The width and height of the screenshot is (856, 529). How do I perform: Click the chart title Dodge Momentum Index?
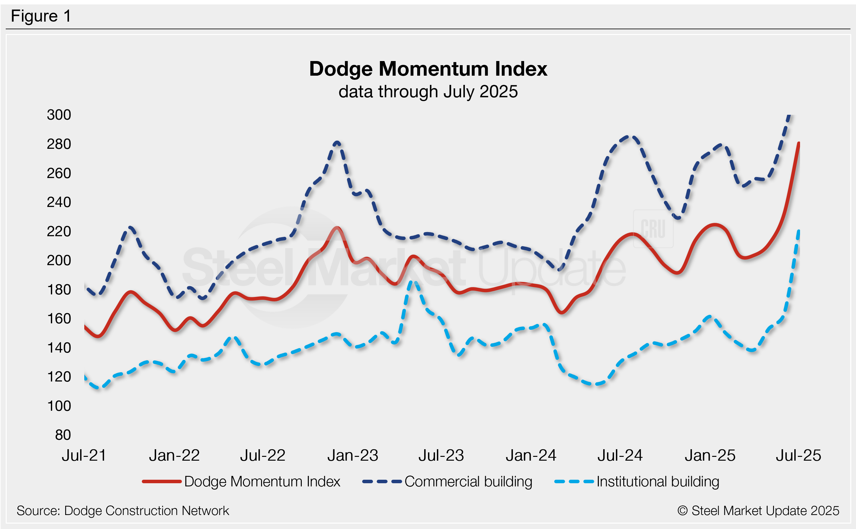click(x=428, y=69)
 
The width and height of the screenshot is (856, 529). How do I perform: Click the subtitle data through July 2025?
click(x=428, y=92)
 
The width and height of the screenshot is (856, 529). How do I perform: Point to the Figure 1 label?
click(x=41, y=16)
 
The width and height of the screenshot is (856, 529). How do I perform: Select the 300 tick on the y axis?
click(x=59, y=115)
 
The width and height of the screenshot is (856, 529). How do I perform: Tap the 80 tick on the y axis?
click(x=63, y=435)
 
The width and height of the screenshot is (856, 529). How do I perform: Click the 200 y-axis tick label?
click(x=59, y=260)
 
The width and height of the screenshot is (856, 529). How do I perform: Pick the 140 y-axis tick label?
click(x=59, y=348)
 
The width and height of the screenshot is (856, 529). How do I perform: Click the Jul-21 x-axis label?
click(x=84, y=456)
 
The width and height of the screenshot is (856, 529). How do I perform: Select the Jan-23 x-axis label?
click(x=353, y=456)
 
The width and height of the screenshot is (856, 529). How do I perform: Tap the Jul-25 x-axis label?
click(x=798, y=456)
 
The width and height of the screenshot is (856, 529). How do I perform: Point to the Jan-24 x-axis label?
click(x=531, y=456)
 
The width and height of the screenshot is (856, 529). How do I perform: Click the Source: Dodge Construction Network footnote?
click(x=122, y=511)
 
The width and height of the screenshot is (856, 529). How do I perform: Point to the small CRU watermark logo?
click(x=653, y=229)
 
